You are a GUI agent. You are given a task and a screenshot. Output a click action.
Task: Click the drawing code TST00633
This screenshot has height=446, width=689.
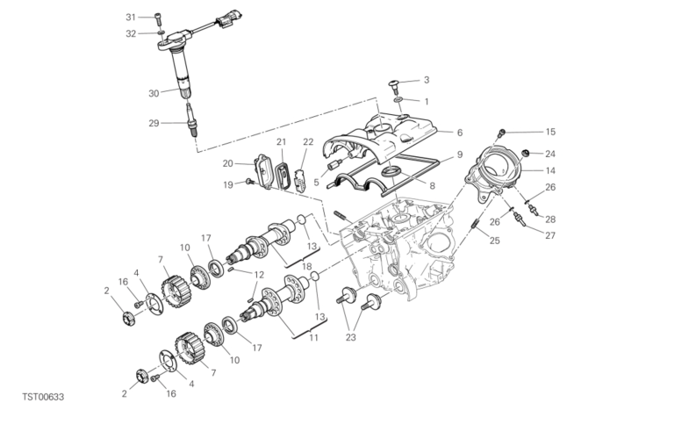point(43,397)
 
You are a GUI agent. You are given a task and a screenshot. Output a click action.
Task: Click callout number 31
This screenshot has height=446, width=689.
point(131,18)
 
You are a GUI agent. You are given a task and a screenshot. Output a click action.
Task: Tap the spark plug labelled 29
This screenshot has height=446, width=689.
point(190,119)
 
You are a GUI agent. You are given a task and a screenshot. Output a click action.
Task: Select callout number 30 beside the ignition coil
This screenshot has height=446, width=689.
point(154,94)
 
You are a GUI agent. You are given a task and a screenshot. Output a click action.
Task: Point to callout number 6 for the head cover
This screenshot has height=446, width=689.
point(460,133)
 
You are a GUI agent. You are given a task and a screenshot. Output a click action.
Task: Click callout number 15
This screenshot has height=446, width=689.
point(550,132)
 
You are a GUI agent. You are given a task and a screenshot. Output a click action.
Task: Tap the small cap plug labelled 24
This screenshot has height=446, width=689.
point(524,154)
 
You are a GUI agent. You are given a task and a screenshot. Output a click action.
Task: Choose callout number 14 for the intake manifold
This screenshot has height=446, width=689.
point(550,170)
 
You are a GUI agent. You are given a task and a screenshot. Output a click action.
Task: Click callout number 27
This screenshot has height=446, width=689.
point(550,235)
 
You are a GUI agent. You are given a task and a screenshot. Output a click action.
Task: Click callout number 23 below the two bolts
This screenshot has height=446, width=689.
point(351,337)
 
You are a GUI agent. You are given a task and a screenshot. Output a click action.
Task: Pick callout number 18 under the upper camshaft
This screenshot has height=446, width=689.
point(306,267)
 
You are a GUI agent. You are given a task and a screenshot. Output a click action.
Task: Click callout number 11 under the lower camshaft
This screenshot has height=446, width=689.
point(313,338)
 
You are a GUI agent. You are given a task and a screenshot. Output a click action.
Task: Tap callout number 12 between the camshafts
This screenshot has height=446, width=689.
point(259,275)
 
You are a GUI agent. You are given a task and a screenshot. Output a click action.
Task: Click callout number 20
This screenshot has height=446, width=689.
point(227,163)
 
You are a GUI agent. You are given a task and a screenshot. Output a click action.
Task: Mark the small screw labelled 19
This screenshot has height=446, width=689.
point(250,182)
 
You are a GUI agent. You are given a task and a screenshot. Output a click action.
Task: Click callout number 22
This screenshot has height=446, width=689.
point(308,142)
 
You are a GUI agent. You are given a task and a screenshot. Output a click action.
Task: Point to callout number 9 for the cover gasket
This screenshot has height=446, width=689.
point(460,155)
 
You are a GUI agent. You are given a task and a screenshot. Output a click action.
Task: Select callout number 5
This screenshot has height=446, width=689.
point(316,183)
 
